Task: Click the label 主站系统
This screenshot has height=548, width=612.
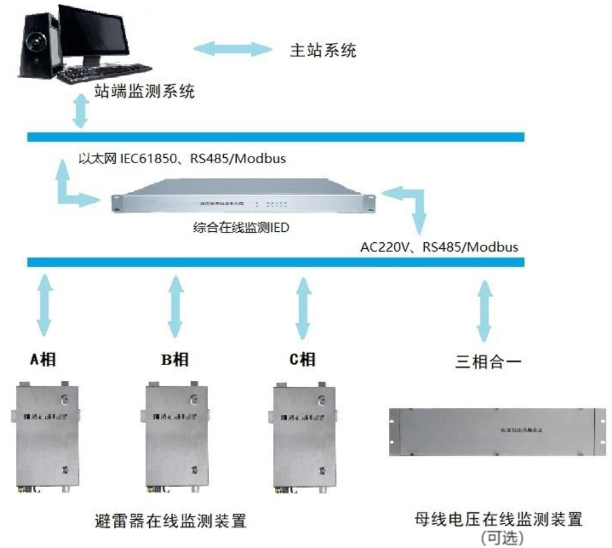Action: (323, 50)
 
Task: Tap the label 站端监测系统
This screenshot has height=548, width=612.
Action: (144, 92)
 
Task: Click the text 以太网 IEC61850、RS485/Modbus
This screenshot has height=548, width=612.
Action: (182, 158)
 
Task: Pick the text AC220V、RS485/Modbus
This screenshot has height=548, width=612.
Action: (439, 247)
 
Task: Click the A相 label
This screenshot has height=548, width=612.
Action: (43, 360)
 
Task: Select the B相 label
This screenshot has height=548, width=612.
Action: (174, 360)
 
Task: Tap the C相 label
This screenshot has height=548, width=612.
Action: (302, 360)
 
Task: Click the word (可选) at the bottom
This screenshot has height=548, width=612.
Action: (501, 537)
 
